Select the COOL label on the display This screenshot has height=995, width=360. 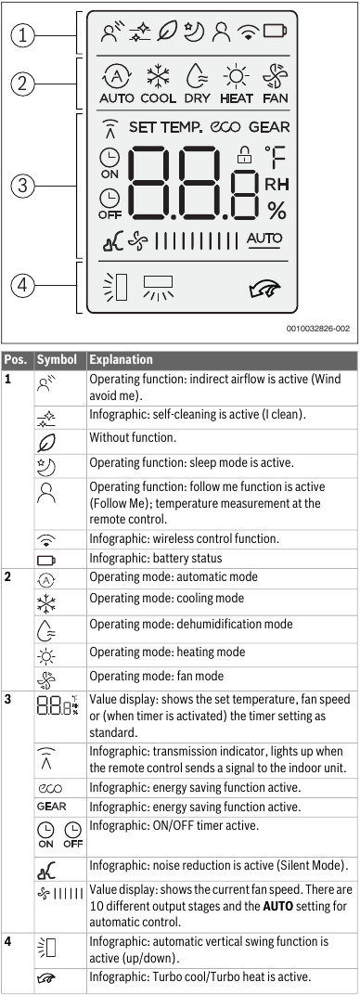pyautogui.click(x=159, y=97)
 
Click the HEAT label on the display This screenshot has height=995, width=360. pyautogui.click(x=236, y=97)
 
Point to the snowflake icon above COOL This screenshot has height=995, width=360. pyautogui.click(x=158, y=76)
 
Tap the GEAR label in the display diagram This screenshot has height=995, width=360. pyautogui.click(x=269, y=127)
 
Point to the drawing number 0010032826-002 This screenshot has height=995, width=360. pyautogui.click(x=316, y=328)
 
